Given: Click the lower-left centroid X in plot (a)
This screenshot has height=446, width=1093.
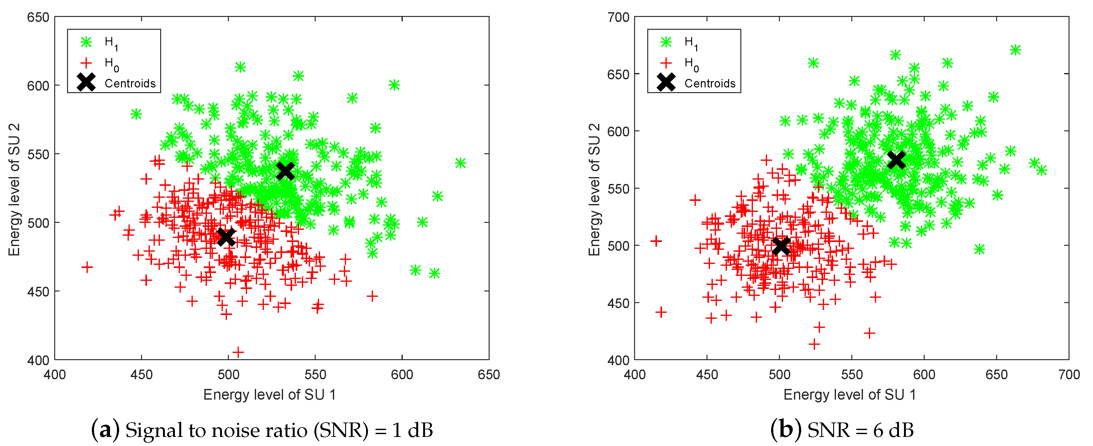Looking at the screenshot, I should coord(226,237).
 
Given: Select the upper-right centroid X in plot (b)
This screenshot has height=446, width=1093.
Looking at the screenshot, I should coord(896,160).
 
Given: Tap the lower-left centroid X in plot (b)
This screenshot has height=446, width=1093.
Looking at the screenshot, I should coord(781,246).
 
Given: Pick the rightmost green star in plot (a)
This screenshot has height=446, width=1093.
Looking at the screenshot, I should coord(460,163).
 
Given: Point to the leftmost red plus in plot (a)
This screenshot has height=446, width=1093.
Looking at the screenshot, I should coord(87,267).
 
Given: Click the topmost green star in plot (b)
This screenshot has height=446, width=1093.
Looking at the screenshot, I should coord(1015,50).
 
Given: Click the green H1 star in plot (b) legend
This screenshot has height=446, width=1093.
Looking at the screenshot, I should coord(666,42).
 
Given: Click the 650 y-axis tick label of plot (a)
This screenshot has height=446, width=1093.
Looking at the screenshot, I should coord(38,18).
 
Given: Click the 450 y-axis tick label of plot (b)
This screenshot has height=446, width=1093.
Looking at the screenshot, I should coord(618,303).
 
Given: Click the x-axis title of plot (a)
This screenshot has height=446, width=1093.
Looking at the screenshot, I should coord(270,395).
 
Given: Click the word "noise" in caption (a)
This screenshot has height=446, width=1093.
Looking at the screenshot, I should coord(238,431).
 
